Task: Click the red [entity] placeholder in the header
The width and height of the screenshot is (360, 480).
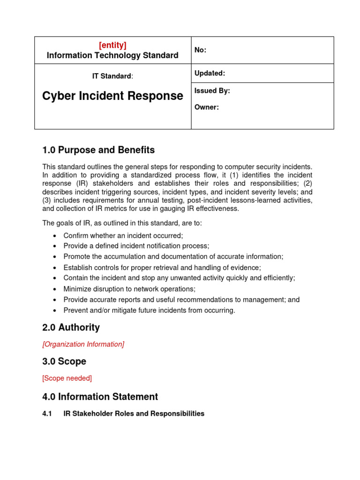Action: pyautogui.click(x=112, y=45)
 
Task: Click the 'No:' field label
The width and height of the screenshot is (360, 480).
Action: pyautogui.click(x=200, y=50)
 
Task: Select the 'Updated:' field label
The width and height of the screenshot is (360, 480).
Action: pyautogui.click(x=210, y=73)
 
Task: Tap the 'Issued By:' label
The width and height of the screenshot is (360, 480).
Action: pyautogui.click(x=212, y=91)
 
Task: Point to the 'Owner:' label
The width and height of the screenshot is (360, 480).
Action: pyautogui.click(x=206, y=107)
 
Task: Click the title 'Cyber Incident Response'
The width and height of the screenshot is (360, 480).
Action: pyautogui.click(x=112, y=96)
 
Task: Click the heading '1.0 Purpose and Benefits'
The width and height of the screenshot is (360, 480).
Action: pyautogui.click(x=98, y=150)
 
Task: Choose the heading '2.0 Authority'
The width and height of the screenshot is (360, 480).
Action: pyautogui.click(x=71, y=327)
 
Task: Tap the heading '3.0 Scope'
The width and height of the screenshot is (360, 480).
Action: pyautogui.click(x=64, y=361)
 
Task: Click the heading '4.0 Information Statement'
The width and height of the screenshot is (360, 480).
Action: pyautogui.click(x=100, y=397)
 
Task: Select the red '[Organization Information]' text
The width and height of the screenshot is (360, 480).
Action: pyautogui.click(x=83, y=344)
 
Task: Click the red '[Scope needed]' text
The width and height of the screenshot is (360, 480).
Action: pyautogui.click(x=67, y=378)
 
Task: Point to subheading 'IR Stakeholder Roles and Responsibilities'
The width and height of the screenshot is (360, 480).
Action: pyautogui.click(x=134, y=413)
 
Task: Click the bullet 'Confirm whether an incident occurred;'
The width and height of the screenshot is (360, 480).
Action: pyautogui.click(x=123, y=236)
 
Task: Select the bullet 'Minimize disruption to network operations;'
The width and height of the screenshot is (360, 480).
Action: pyautogui.click(x=129, y=289)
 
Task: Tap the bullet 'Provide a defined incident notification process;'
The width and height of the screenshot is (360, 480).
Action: pyautogui.click(x=136, y=246)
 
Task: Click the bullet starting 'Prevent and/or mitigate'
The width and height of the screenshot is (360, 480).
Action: pyautogui.click(x=149, y=310)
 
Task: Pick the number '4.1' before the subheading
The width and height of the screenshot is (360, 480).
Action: pyautogui.click(x=47, y=413)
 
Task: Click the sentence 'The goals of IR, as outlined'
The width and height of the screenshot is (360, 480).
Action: pyautogui.click(x=122, y=223)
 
